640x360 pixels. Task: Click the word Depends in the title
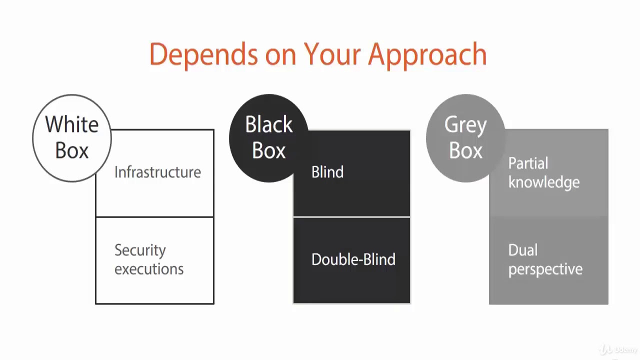(x=203, y=54)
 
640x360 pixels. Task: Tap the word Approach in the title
(x=427, y=54)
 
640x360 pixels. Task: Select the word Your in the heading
(x=332, y=54)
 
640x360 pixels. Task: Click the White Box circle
(x=72, y=137)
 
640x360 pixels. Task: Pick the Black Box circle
(x=269, y=137)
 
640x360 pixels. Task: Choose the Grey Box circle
(x=465, y=137)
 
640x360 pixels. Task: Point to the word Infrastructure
(x=157, y=172)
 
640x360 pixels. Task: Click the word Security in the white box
(x=140, y=250)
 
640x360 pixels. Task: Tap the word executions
(x=149, y=269)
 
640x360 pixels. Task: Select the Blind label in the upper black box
(x=327, y=172)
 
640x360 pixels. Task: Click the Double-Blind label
(x=353, y=259)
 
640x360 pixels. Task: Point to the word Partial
(x=528, y=163)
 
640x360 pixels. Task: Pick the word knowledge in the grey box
(x=544, y=182)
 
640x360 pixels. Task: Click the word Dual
(x=523, y=250)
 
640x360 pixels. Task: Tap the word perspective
(x=545, y=269)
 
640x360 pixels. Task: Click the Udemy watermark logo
(x=619, y=349)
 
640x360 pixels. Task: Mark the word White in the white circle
(x=72, y=124)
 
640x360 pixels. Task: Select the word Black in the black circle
(x=269, y=124)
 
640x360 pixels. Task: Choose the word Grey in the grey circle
(x=465, y=125)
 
